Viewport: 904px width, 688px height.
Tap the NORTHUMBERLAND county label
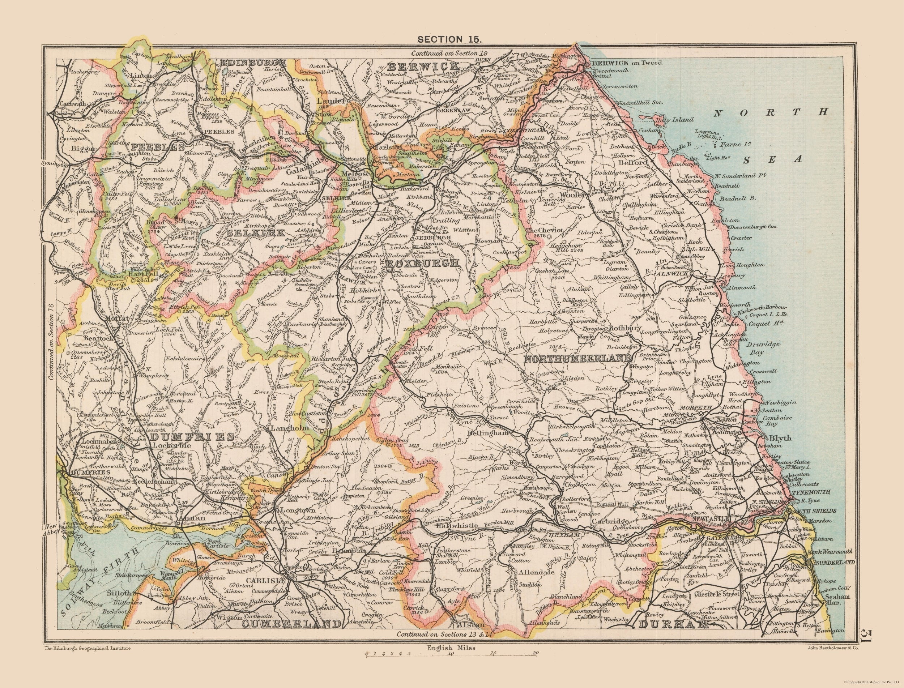tap(578, 359)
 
